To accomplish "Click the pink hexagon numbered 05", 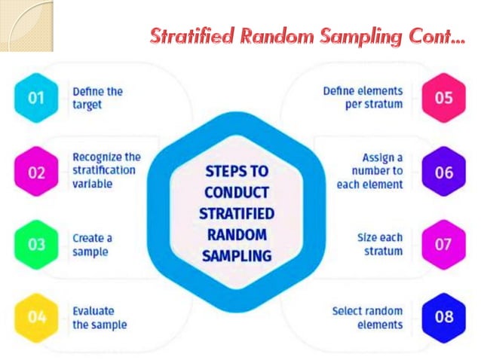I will pyautogui.click(x=443, y=98).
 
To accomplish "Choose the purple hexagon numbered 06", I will pyautogui.click(x=443, y=172).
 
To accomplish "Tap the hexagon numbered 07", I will pyautogui.click(x=443, y=245).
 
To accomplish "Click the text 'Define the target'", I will pyautogui.click(x=98, y=98).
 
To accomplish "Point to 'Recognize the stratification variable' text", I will pyautogui.click(x=106, y=171).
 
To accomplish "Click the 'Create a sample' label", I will pyautogui.click(x=92, y=245).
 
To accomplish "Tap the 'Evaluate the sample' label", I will pyautogui.click(x=99, y=317).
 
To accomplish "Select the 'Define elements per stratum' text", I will pyautogui.click(x=363, y=98).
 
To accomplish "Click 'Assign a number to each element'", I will pyautogui.click(x=372, y=171).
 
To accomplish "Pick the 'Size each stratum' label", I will pyautogui.click(x=379, y=245).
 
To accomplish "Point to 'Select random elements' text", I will pyautogui.click(x=367, y=317).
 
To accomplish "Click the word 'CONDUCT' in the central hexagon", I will pyautogui.click(x=236, y=192).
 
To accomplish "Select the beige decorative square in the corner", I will pyautogui.click(x=27, y=25).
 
